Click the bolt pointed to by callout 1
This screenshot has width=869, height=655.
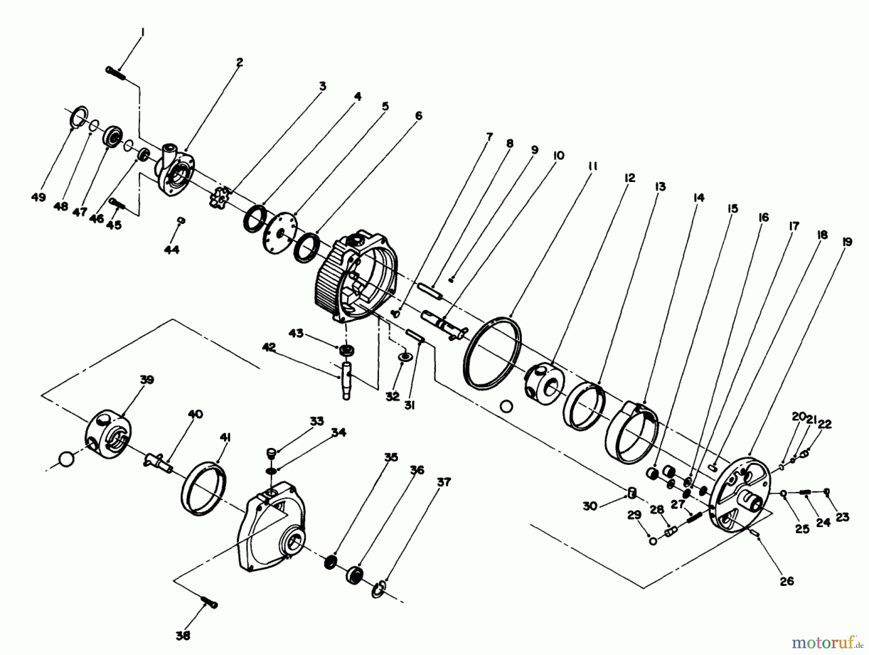tap(116, 73)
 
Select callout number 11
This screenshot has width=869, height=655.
tap(593, 166)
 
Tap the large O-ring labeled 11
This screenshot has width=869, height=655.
tap(492, 353)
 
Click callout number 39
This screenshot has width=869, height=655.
tap(147, 379)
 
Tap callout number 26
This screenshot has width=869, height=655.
tap(786, 582)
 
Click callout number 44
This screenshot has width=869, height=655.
tap(171, 250)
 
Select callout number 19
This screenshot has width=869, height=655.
tap(846, 242)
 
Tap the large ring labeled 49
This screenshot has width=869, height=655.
tap(78, 117)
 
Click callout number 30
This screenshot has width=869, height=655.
tap(590, 506)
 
